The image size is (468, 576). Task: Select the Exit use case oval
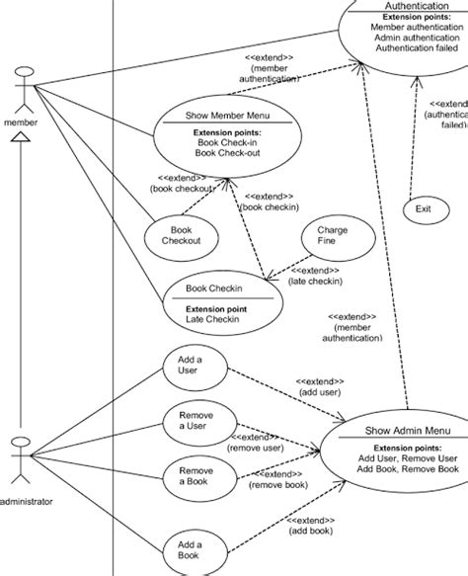[x=423, y=208]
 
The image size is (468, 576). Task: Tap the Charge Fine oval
[x=332, y=237]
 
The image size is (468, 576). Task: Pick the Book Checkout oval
[x=181, y=234]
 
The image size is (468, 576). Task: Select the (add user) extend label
[x=319, y=390]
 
